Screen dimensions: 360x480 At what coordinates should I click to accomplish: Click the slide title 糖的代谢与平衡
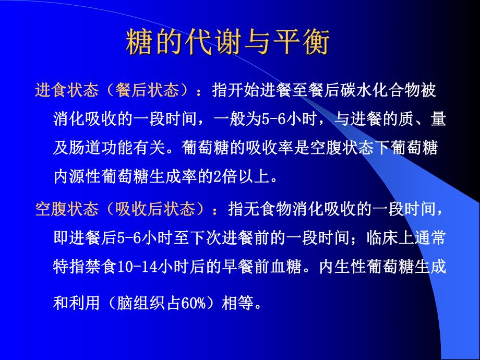point(228,43)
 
